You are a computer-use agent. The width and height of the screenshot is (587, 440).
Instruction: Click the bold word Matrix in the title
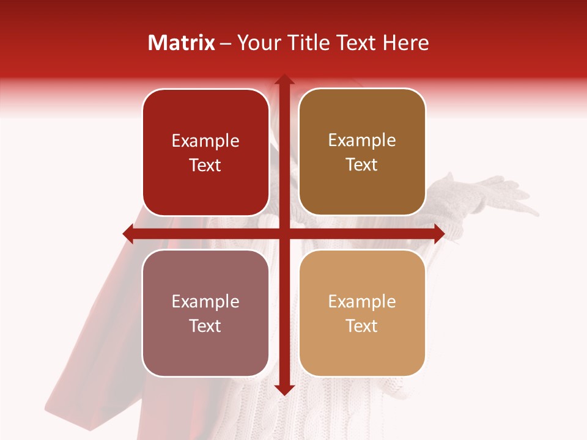coord(182,43)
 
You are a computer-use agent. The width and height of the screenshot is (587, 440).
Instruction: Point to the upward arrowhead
coord(284,80)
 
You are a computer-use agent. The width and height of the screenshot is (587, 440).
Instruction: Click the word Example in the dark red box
coord(205,141)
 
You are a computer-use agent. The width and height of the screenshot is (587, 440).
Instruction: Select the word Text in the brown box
coord(362,165)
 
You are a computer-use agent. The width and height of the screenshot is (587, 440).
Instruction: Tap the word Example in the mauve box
coord(205,302)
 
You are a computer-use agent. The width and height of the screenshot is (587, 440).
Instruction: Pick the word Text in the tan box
coord(362,326)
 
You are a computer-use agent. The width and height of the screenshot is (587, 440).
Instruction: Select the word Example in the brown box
coord(362,141)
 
